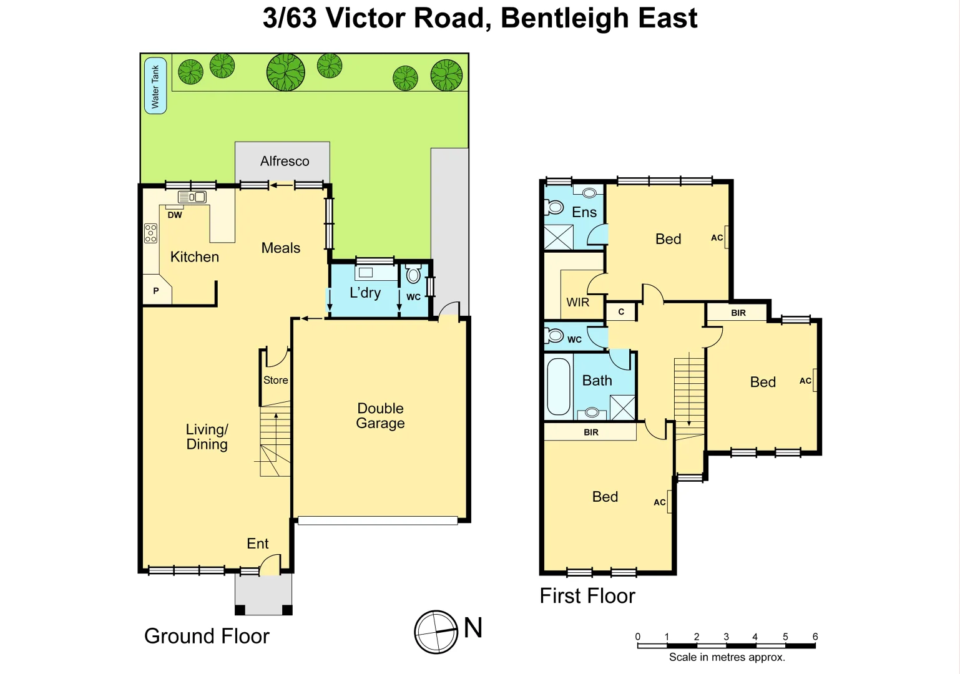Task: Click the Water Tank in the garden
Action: pyautogui.click(x=155, y=86)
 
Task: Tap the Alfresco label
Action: pyautogui.click(x=285, y=161)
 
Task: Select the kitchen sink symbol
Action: pyautogui.click(x=192, y=197)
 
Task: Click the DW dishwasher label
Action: pyautogui.click(x=175, y=215)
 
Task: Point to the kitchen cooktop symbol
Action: pyautogui.click(x=150, y=233)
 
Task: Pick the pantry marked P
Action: pyautogui.click(x=156, y=291)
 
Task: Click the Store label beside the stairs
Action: pyautogui.click(x=275, y=380)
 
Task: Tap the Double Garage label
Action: pyautogui.click(x=380, y=416)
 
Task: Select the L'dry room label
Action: pyautogui.click(x=365, y=293)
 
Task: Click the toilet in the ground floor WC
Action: pyautogui.click(x=413, y=275)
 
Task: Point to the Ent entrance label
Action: pyautogui.click(x=257, y=544)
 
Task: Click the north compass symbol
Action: pyautogui.click(x=436, y=632)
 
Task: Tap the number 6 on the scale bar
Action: pyautogui.click(x=815, y=637)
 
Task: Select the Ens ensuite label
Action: pyautogui.click(x=584, y=212)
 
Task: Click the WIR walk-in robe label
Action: pyautogui.click(x=577, y=303)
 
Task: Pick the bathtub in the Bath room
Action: pyautogui.click(x=559, y=386)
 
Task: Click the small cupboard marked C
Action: pyautogui.click(x=621, y=312)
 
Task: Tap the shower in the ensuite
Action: pyautogui.click(x=558, y=237)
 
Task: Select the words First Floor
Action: pyautogui.click(x=587, y=596)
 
